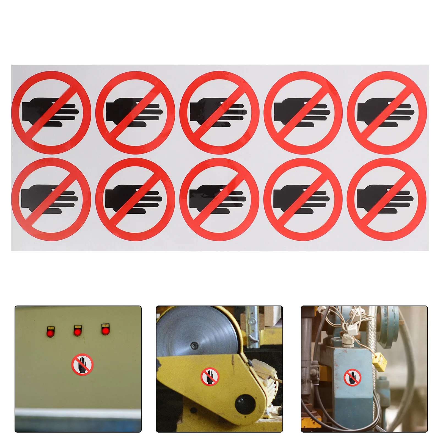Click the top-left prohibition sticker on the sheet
(x=51, y=112)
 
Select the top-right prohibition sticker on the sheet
(x=387, y=112)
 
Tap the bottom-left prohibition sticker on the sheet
(x=51, y=199)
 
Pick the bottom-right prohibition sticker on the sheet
(x=387, y=199)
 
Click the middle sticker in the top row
(x=219, y=112)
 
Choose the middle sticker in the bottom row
(x=219, y=199)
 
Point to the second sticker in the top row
(x=135, y=112)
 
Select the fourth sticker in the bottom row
(x=303, y=199)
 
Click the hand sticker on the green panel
(x=82, y=364)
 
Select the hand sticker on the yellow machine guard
(x=210, y=376)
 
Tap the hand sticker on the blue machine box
(x=352, y=377)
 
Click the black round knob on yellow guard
(x=245, y=404)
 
